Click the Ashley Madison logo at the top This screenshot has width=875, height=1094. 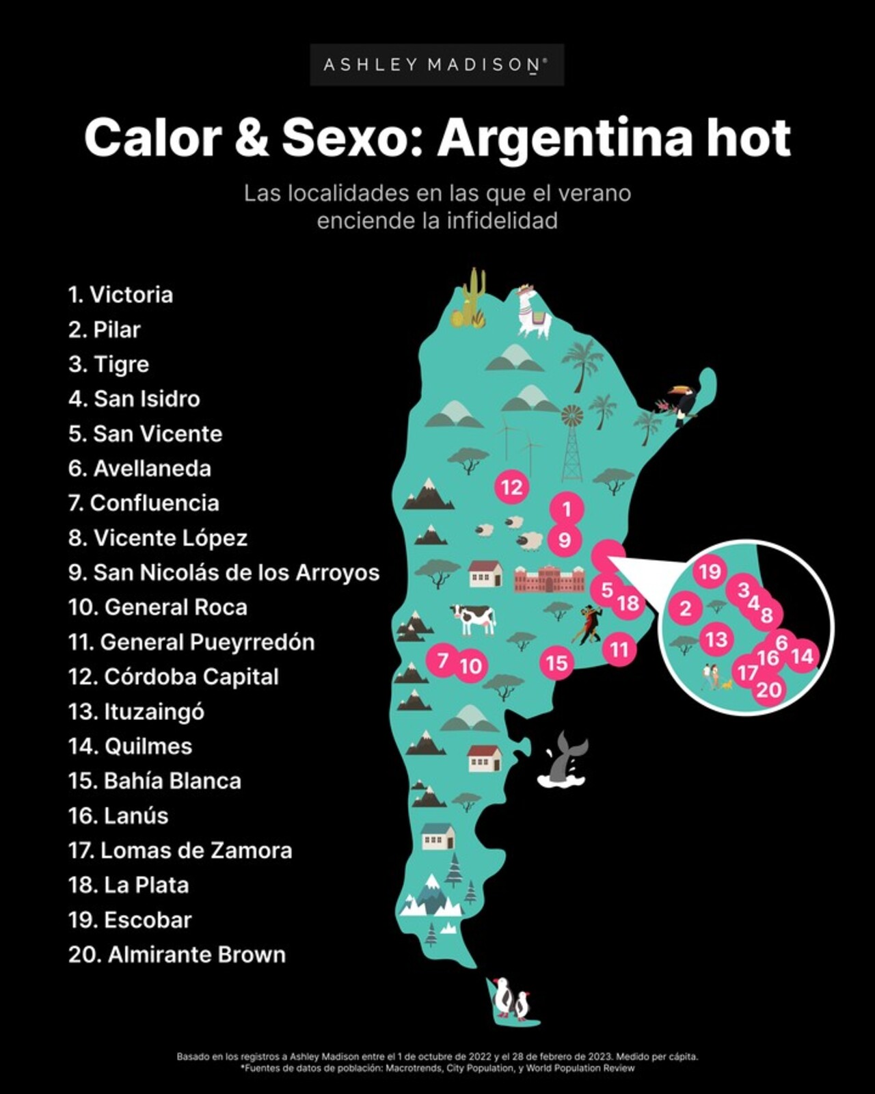436,65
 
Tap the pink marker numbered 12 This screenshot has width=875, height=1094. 512,488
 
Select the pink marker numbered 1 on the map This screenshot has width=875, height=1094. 567,509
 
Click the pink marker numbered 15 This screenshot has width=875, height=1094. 556,663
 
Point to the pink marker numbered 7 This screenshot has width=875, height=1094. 442,661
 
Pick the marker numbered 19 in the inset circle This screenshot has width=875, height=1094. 710,572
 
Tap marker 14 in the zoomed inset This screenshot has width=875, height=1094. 802,656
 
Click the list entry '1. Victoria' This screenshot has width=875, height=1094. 120,295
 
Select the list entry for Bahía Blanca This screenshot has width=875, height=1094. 154,781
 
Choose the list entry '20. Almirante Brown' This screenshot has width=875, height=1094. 177,955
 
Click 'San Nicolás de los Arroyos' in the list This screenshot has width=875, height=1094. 224,572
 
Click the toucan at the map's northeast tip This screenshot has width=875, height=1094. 681,402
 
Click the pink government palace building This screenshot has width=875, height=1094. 550,578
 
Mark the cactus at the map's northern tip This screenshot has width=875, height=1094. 472,299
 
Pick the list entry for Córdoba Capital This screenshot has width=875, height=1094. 174,677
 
